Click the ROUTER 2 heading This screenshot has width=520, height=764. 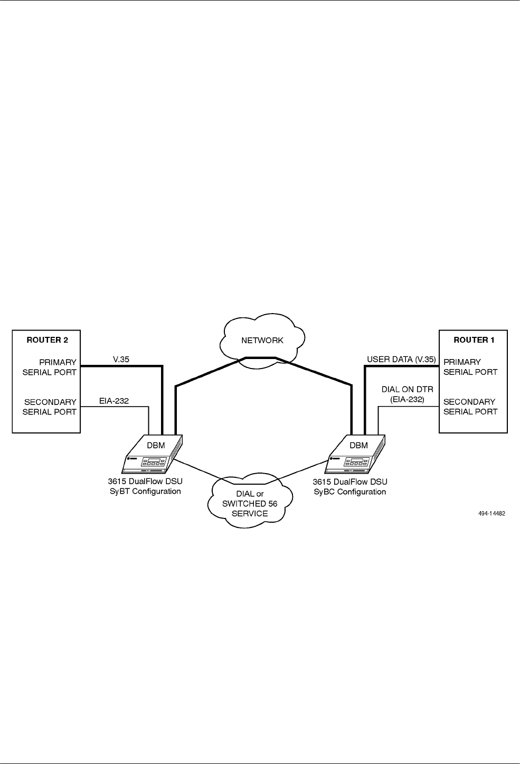point(47,340)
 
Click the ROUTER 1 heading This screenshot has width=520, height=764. point(474,340)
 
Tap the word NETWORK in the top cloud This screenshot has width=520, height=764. point(262,341)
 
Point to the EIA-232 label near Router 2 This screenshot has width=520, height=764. point(114,401)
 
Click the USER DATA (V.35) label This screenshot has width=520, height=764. point(401,360)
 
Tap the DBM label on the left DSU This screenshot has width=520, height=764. point(155,445)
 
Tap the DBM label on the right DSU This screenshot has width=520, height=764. point(358,445)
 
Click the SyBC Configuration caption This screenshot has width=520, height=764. point(349,492)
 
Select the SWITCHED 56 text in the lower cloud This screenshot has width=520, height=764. point(250,504)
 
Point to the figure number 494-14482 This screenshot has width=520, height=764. point(490,513)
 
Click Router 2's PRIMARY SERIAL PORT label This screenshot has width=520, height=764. point(50,367)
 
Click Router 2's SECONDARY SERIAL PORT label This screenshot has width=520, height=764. point(50,407)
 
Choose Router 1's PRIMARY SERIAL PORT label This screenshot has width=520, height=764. point(470,367)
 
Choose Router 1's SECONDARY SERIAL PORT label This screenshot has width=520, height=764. point(470,407)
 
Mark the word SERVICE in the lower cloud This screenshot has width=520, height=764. point(250,513)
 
